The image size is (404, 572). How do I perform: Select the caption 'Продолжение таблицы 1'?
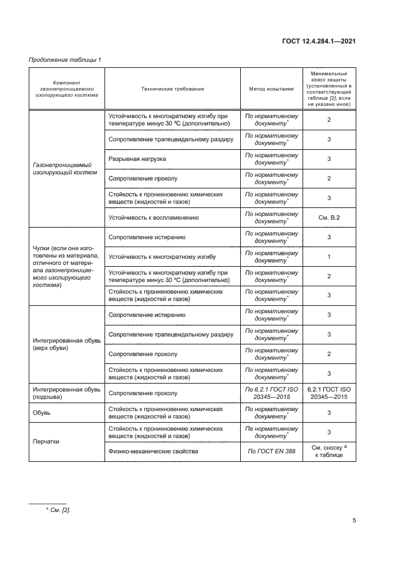65,59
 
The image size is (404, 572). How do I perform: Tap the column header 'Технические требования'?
172,89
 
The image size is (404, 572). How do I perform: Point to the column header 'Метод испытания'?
271,89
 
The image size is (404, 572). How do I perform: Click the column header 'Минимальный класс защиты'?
329,89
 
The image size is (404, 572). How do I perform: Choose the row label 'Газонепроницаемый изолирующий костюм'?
67,169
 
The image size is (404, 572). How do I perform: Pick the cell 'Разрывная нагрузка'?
137,159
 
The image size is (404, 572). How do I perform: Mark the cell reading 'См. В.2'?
329,217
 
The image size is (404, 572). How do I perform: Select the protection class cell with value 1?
329,256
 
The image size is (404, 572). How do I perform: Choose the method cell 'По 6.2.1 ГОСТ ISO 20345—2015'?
271,393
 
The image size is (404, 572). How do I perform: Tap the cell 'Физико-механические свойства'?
153,451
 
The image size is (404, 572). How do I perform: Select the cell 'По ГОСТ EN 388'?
271,451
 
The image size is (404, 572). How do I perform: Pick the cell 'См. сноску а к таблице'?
329,451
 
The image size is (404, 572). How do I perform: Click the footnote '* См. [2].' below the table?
59,509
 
